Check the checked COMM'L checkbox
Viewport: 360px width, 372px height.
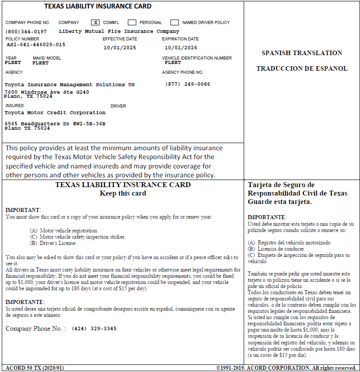[x=95, y=22]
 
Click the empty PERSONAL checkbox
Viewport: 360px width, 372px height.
[x=132, y=22]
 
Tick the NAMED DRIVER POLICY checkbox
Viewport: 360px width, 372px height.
[x=174, y=22]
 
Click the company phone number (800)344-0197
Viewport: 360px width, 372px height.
[x=26, y=32]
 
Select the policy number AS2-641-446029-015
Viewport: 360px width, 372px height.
[x=36, y=44]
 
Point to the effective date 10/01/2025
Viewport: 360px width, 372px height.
[x=120, y=48]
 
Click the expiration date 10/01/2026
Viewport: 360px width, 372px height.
[x=181, y=48]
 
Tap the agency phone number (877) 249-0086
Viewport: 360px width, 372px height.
[x=188, y=84]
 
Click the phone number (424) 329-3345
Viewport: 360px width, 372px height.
[x=94, y=329]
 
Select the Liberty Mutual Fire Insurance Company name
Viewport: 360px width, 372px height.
[x=119, y=32]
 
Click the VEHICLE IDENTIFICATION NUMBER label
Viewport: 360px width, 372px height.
[x=197, y=58]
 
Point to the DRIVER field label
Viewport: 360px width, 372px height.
[x=118, y=106]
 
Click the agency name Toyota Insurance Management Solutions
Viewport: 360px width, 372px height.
[x=70, y=84]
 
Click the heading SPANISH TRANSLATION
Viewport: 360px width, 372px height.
[x=302, y=53]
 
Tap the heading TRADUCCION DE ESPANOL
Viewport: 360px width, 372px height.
[x=302, y=69]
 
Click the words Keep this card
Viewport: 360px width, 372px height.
[x=123, y=193]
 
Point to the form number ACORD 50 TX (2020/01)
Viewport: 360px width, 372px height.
[x=35, y=368]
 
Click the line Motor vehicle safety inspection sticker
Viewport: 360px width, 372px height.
[x=83, y=237]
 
